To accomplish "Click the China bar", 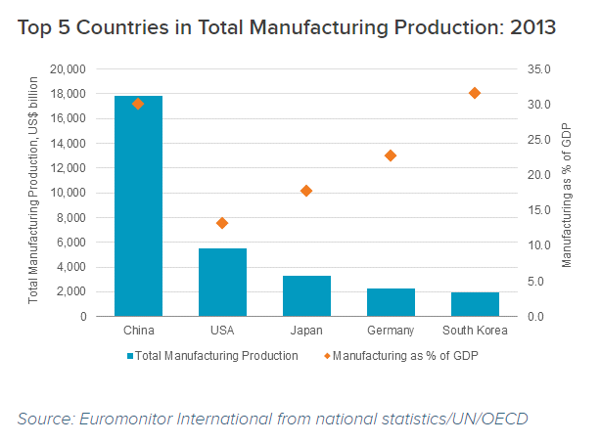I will pos(138,206).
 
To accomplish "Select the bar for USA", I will pos(222,283).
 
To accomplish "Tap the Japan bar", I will pos(306,296).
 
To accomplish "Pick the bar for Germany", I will pos(391,302).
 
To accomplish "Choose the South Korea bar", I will pos(475,304).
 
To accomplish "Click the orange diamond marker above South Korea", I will pos(475,93).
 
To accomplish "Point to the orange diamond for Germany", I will pos(391,155).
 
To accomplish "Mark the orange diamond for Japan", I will pos(306,191).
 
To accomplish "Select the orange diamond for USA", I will pos(222,223).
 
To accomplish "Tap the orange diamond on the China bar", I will pos(138,104).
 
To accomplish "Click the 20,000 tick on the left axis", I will pos(68,69).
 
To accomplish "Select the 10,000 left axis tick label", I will pos(68,193).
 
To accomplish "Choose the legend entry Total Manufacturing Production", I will pos(212,356).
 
